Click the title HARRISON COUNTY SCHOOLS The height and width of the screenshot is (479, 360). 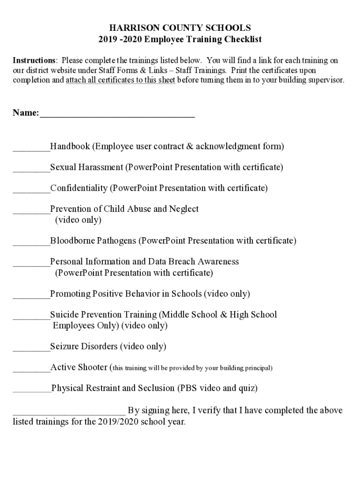tap(180, 28)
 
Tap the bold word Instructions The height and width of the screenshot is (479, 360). tap(34, 61)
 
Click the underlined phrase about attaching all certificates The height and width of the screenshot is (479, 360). tap(121, 80)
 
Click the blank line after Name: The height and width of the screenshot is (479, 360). tap(117, 114)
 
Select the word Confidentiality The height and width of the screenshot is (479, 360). tap(79, 188)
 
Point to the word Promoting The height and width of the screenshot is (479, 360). tap(70, 294)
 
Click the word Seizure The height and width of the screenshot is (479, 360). tap(65, 347)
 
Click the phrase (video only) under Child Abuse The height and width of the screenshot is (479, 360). tap(78, 219)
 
